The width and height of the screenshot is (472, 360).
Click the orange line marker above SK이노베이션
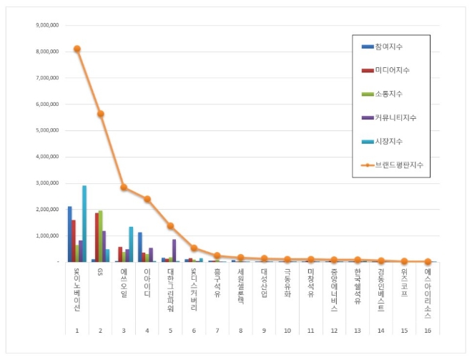(x=77, y=49)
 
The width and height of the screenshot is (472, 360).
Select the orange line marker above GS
(x=100, y=114)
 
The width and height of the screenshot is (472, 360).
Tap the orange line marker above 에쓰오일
(x=124, y=188)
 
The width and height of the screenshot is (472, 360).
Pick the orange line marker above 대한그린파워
(x=170, y=225)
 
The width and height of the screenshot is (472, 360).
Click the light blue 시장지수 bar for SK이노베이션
(x=84, y=223)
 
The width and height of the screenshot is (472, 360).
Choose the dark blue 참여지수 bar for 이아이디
(x=140, y=247)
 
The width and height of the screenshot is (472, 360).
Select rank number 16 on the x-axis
(x=427, y=331)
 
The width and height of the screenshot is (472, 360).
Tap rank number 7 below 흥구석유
(x=217, y=331)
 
